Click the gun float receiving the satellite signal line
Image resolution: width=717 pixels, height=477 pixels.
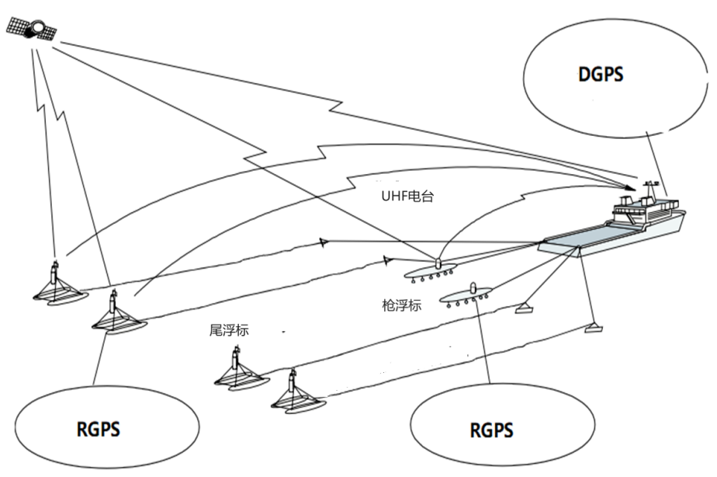point(436,270)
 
